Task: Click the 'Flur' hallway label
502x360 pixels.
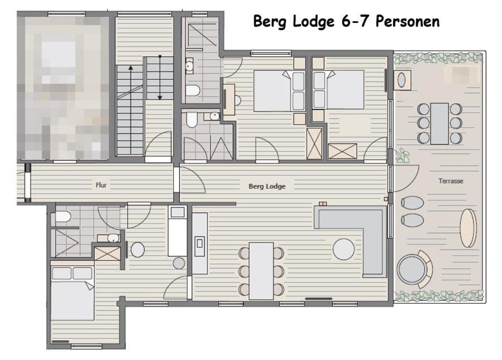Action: [x=101, y=185]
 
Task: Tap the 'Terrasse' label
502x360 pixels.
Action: [x=451, y=181]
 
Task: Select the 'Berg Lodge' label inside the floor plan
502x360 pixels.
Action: [x=267, y=186]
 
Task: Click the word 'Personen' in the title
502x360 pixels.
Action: [x=408, y=21]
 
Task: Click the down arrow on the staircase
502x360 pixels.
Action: [x=160, y=78]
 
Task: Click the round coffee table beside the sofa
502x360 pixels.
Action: [x=344, y=249]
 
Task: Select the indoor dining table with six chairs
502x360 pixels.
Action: [x=261, y=271]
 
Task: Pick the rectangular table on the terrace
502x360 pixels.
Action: [x=439, y=123]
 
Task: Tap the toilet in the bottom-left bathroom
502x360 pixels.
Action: [x=63, y=217]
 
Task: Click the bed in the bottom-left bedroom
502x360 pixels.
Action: [x=73, y=293]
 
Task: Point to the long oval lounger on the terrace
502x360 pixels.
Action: [x=468, y=228]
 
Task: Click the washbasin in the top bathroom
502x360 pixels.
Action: [x=189, y=66]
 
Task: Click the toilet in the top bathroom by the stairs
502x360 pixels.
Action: [x=193, y=90]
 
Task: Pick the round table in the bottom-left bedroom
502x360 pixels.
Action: [x=138, y=249]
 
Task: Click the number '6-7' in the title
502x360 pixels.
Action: [x=355, y=21]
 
